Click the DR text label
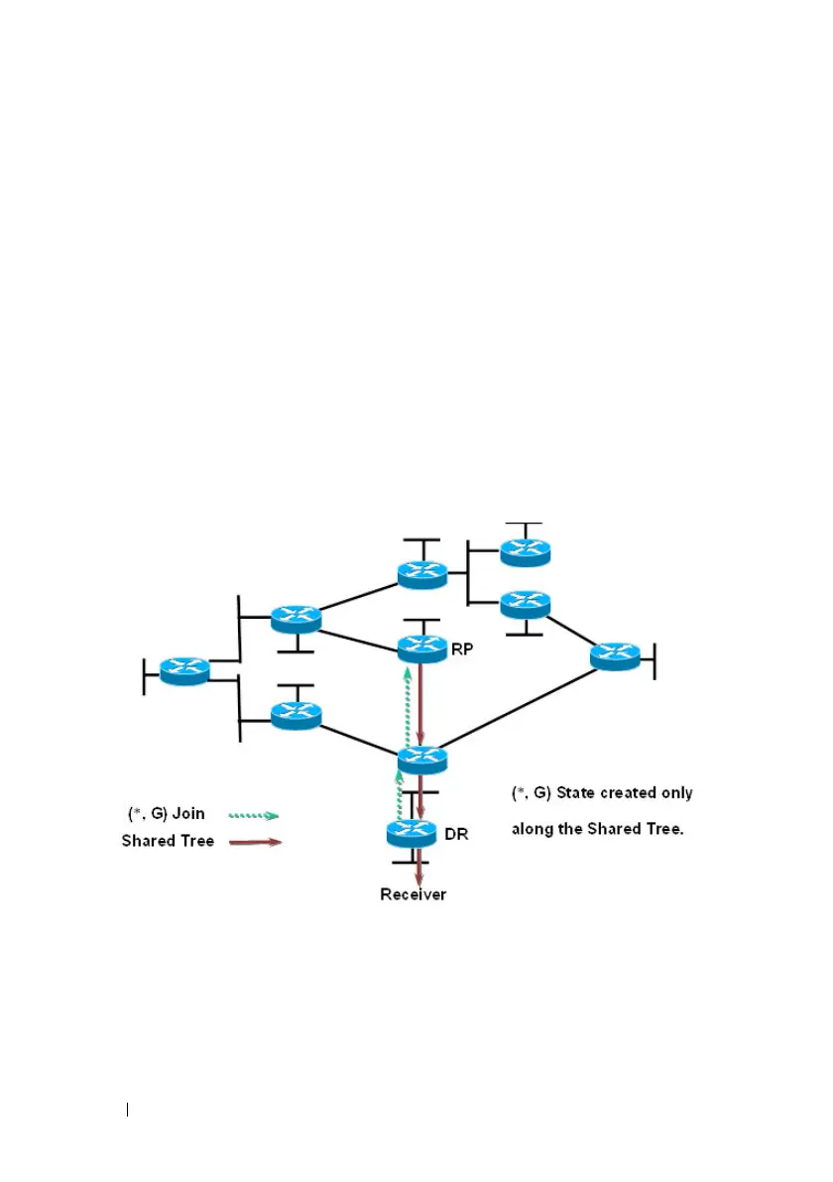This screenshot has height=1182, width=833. tap(456, 835)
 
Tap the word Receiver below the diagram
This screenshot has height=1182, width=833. tap(414, 894)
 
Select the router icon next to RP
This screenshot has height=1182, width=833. tap(422, 649)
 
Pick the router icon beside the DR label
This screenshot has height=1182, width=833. tap(412, 834)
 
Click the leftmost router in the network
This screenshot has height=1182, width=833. tap(184, 670)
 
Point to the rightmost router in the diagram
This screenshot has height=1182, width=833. tap(615, 655)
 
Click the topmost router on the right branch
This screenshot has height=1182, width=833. tap(525, 551)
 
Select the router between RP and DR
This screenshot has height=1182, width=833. tap(422, 760)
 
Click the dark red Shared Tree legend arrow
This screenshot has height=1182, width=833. tap(255, 843)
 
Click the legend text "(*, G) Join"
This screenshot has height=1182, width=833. tap(167, 813)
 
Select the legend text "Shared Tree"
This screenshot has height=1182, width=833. tap(168, 842)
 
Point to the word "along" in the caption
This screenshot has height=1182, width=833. tap(532, 829)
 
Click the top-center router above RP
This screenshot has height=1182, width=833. tap(422, 573)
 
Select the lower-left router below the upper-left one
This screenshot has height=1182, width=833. tap(296, 715)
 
